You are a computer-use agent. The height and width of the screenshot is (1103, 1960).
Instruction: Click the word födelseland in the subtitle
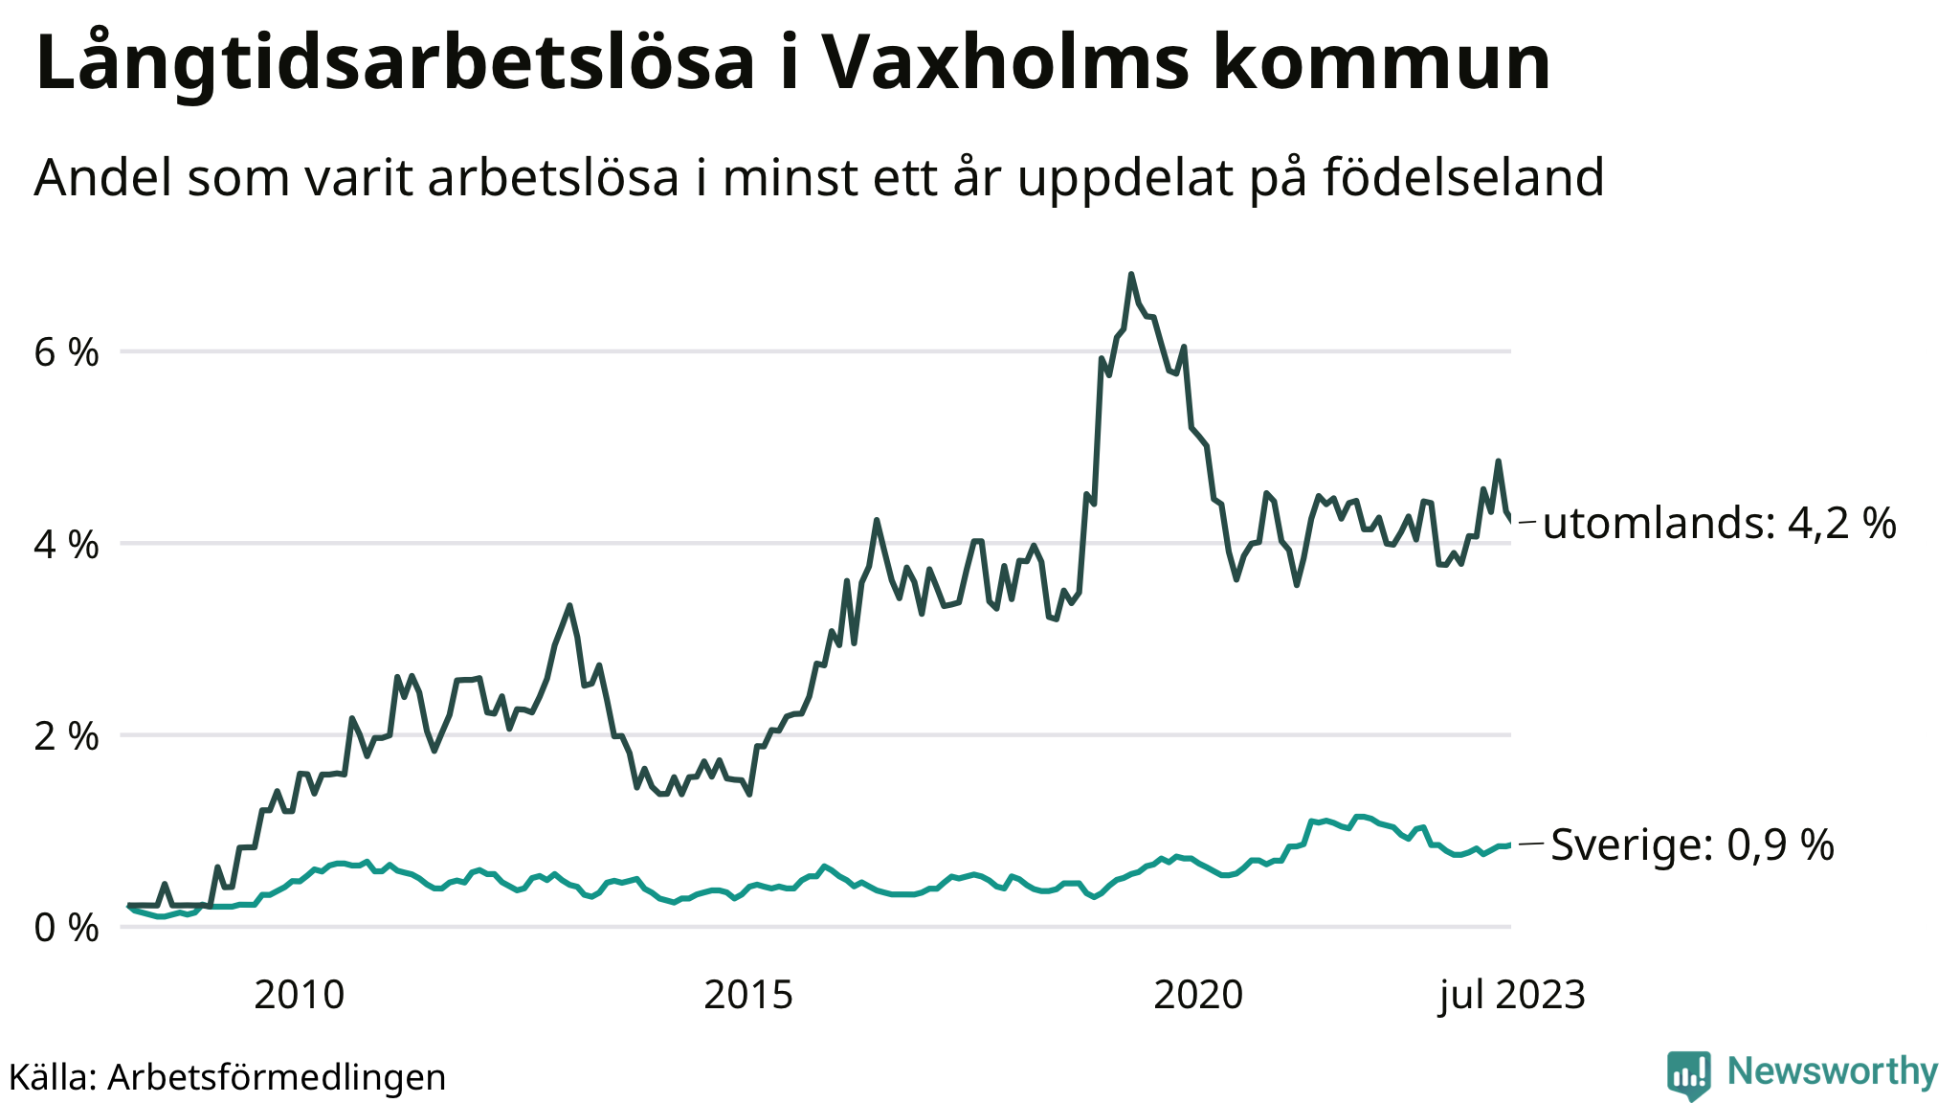pyautogui.click(x=1463, y=177)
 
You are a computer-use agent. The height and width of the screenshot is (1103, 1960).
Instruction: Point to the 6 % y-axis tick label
pyautogui.click(x=66, y=353)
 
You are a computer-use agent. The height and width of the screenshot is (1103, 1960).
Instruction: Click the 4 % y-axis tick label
pyautogui.click(x=66, y=545)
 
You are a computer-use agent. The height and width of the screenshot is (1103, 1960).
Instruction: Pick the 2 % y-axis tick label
pyautogui.click(x=66, y=736)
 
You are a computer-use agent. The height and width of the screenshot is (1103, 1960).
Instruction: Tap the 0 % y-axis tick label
pyautogui.click(x=66, y=928)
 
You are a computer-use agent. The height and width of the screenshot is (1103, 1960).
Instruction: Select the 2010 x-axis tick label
pyautogui.click(x=299, y=996)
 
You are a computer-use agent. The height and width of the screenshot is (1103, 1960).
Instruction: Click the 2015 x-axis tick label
pyautogui.click(x=748, y=996)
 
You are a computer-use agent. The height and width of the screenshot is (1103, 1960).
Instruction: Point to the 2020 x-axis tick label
pyautogui.click(x=1198, y=996)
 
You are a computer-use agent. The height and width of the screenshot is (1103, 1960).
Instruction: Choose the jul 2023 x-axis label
pyautogui.click(x=1512, y=996)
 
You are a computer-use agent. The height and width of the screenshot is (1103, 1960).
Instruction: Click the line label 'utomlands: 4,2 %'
pyautogui.click(x=1719, y=524)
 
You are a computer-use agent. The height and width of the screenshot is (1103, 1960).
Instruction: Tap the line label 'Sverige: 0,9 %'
pyautogui.click(x=1692, y=844)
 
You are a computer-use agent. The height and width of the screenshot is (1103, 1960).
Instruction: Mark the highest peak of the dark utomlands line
pyautogui.click(x=1131, y=275)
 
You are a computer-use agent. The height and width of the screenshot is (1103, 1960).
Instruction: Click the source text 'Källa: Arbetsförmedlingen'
pyautogui.click(x=228, y=1077)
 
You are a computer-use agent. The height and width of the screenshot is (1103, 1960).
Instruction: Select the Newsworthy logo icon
pyautogui.click(x=1688, y=1074)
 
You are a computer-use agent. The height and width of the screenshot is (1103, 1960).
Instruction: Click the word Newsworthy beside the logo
pyautogui.click(x=1833, y=1071)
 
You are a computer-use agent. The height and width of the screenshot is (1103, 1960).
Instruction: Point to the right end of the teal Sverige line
pyautogui.click(x=1509, y=844)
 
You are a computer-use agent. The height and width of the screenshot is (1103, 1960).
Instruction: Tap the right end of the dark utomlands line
pyautogui.click(x=1510, y=521)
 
